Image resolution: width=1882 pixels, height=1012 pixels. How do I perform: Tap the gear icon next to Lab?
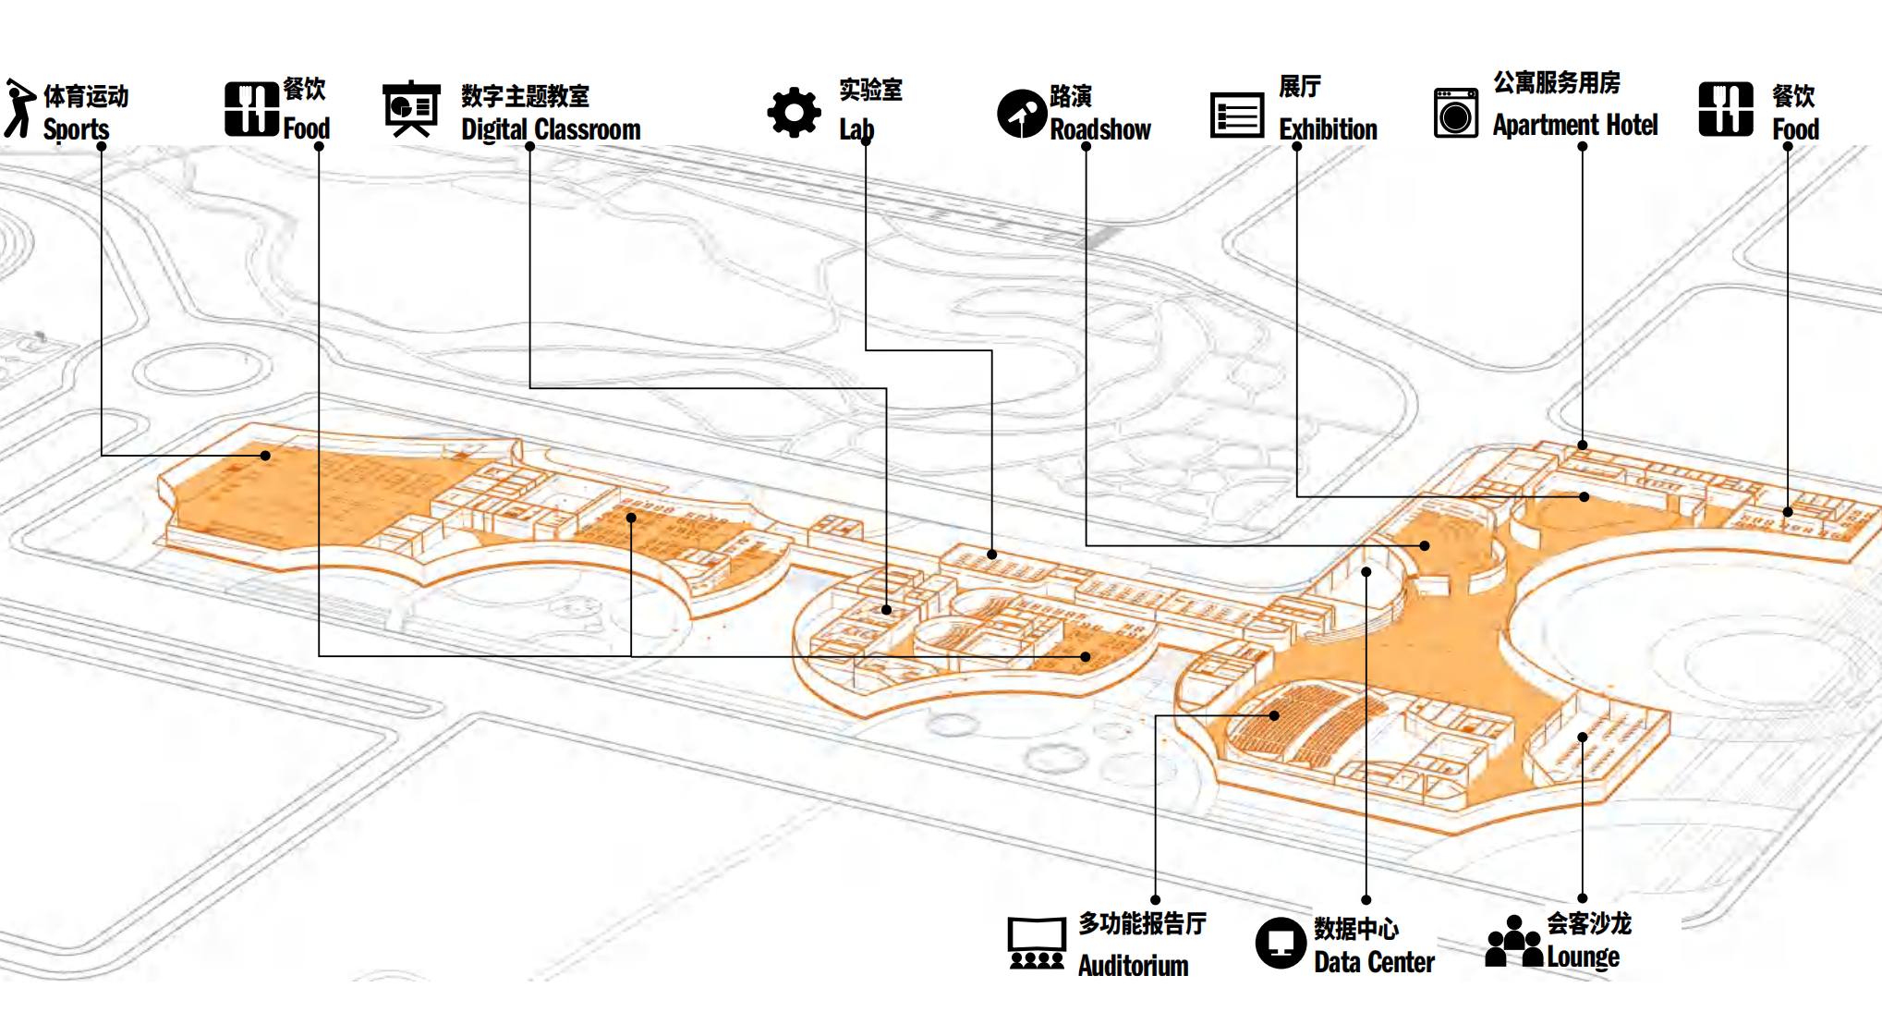(794, 113)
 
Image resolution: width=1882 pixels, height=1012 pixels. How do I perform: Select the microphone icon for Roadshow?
(1021, 114)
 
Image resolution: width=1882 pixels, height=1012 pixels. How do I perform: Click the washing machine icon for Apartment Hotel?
(1455, 113)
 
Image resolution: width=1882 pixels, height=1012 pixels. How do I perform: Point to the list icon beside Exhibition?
(1236, 116)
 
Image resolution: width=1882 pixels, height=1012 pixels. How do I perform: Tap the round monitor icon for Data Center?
(1281, 943)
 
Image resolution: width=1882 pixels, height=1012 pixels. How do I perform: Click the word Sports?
(76, 129)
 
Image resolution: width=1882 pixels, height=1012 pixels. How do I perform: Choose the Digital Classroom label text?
(551, 129)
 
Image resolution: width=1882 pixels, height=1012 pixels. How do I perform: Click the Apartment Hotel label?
(1574, 125)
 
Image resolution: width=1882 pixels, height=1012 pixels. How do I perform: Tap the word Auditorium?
(1133, 966)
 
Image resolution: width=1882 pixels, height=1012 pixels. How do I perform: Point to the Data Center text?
(1374, 962)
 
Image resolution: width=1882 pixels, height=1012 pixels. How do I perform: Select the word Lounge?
(1583, 957)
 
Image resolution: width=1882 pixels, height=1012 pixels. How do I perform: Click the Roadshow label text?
(1099, 129)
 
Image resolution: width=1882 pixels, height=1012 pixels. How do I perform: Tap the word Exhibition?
(1328, 129)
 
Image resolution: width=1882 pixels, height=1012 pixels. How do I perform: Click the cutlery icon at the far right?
(1725, 109)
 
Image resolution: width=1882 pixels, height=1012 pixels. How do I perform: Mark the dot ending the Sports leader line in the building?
(265, 456)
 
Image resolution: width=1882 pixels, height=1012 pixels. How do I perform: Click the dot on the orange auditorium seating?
(1274, 715)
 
